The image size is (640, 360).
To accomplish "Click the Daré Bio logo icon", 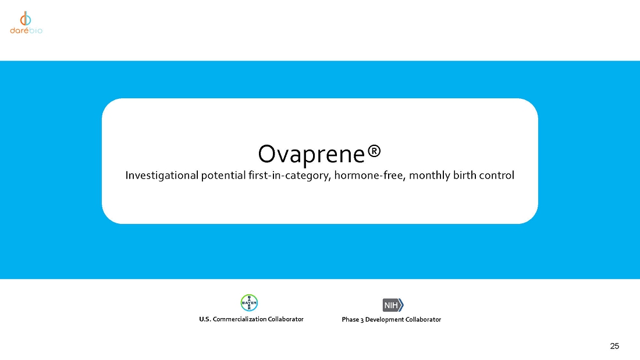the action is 26,19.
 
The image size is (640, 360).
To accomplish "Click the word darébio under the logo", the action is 26,31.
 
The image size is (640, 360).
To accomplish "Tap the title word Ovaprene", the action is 311,154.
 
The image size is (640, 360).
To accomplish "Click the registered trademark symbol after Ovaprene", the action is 374,151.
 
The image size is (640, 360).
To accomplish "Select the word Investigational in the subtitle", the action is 162,176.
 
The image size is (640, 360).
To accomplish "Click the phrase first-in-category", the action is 289,176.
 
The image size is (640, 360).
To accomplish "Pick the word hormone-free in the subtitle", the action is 370,176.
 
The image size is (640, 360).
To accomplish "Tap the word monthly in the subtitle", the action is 429,176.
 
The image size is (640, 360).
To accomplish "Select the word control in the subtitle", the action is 497,175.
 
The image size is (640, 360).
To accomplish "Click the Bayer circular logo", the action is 249,303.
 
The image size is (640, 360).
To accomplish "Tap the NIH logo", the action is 393,305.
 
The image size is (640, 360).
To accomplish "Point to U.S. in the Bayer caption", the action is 205,319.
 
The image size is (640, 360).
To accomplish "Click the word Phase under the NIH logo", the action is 350,320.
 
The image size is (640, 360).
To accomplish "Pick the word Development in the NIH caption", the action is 385,320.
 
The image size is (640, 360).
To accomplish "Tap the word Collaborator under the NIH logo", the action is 423,320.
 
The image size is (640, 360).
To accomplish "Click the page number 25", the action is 615,346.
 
